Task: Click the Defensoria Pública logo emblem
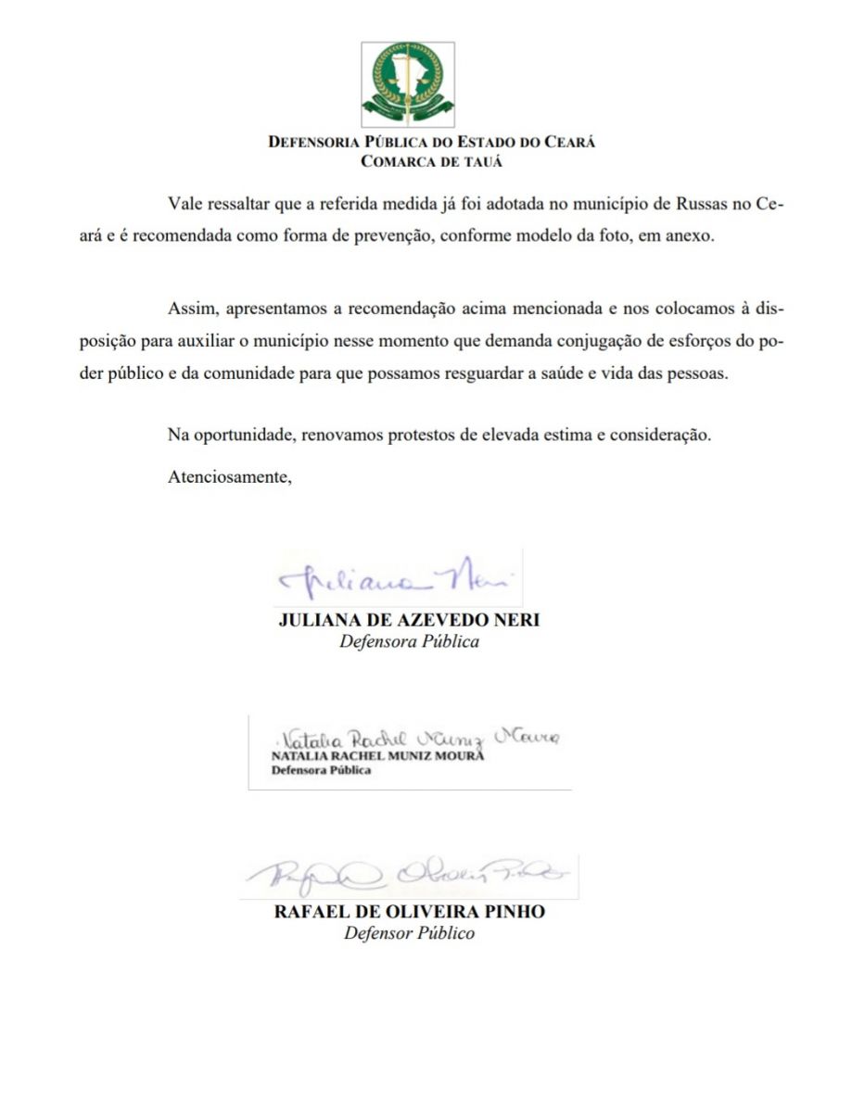point(408,85)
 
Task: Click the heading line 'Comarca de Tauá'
point(431,161)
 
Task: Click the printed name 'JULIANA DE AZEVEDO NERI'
point(409,620)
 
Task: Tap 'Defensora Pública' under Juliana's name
point(409,641)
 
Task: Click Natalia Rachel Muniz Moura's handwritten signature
point(417,739)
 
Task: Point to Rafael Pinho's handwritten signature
point(408,874)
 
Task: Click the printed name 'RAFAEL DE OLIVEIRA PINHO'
point(409,912)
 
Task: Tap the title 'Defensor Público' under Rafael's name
point(409,933)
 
